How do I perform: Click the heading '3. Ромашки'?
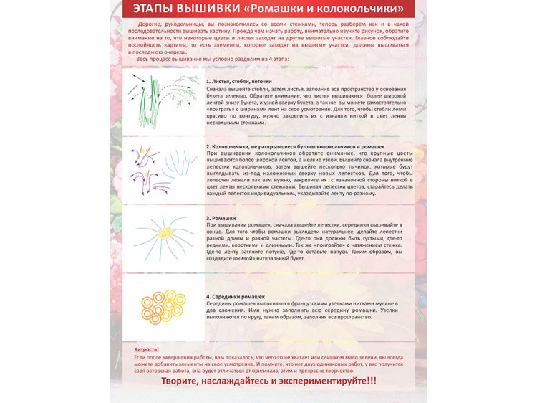coord(221,217)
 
